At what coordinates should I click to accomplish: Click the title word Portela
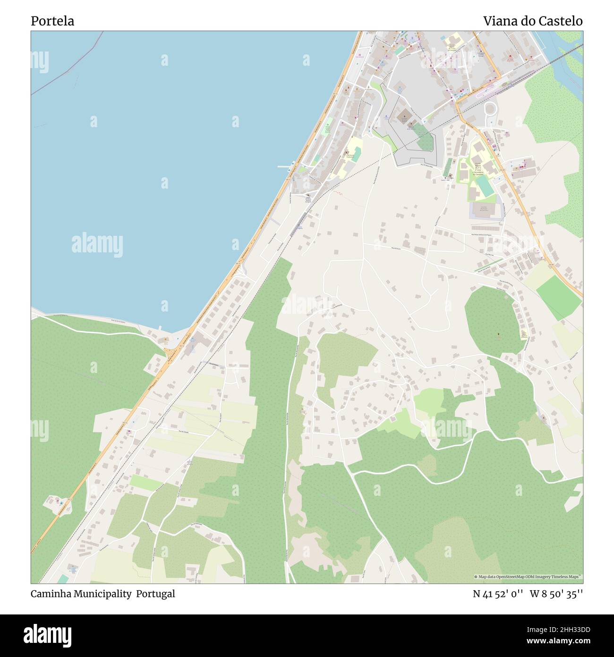[52, 21]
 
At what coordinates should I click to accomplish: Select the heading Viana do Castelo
[532, 21]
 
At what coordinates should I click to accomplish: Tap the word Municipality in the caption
[101, 594]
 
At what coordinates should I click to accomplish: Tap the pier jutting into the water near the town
[285, 166]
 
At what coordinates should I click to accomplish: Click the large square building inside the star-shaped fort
[403, 116]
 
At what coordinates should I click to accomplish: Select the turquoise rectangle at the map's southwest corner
[62, 579]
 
